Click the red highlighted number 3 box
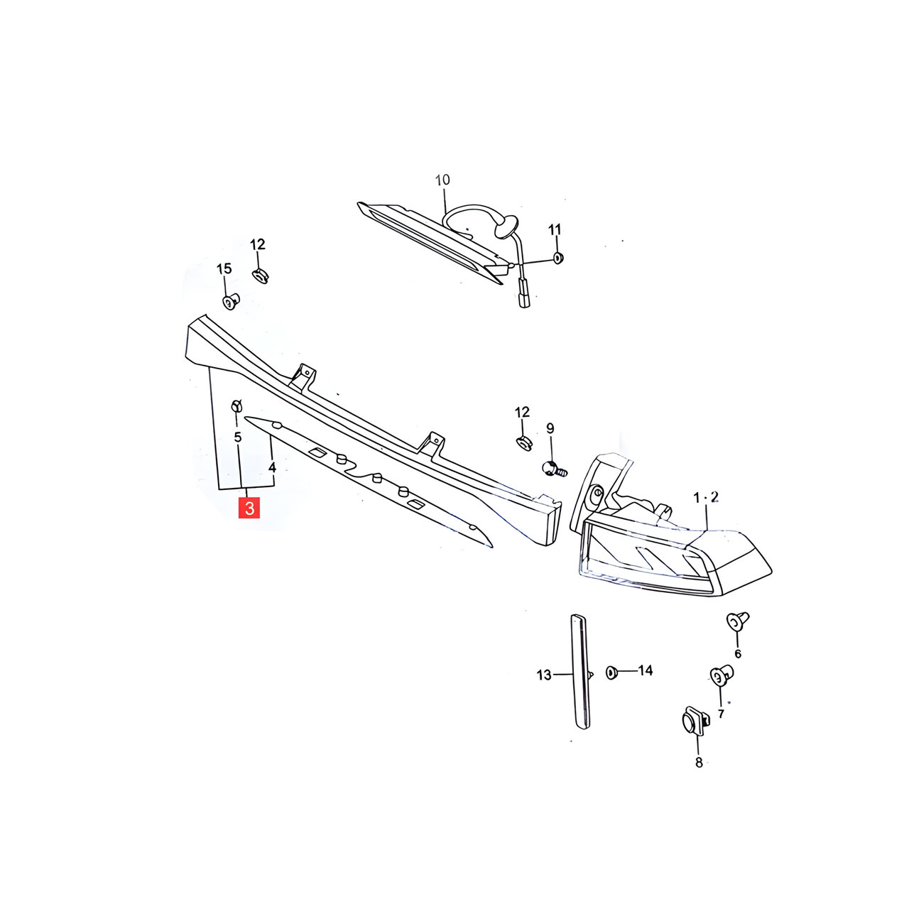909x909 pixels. [x=249, y=508]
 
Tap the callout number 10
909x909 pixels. [x=442, y=180]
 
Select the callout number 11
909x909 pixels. [x=555, y=229]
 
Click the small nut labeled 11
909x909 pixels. [x=558, y=258]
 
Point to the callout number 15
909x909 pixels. [x=224, y=268]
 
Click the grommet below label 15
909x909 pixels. [x=230, y=301]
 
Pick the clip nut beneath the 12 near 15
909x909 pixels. [x=259, y=275]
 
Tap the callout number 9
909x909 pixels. [x=550, y=428]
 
